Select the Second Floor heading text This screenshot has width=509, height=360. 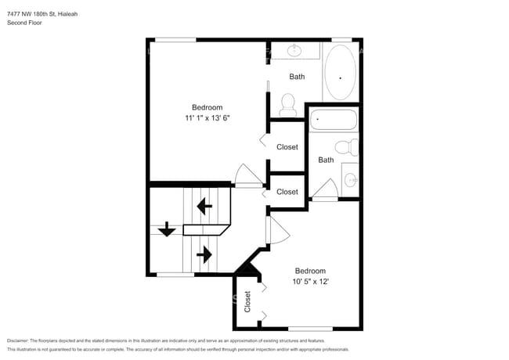(25, 23)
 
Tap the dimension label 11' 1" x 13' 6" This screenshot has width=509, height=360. (208, 118)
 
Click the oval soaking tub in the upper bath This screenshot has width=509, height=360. (340, 72)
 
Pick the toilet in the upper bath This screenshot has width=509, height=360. (287, 103)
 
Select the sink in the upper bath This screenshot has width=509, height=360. (295, 51)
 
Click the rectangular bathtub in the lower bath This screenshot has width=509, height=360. (333, 121)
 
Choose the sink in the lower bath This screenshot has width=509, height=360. (350, 182)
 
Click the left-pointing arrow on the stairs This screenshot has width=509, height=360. (204, 207)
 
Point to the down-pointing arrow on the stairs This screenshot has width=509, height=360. (167, 229)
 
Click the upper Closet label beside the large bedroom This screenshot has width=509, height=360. (287, 146)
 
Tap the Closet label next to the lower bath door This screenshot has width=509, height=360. (287, 192)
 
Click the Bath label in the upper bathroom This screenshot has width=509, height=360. (297, 77)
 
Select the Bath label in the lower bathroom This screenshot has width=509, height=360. (326, 160)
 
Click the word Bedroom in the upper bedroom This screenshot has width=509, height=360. (208, 107)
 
